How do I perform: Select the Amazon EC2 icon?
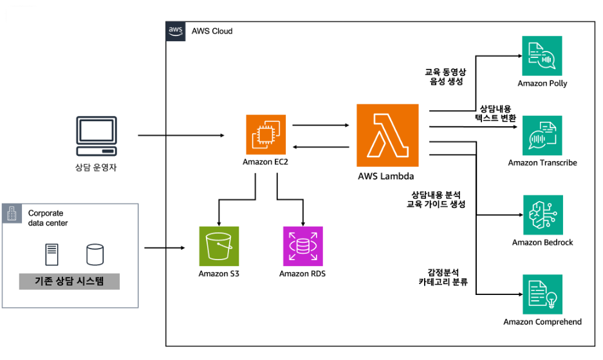[x=265, y=134]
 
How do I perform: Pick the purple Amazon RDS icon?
[x=302, y=246]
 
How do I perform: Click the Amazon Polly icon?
[x=542, y=57]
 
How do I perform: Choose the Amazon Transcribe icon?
[x=542, y=135]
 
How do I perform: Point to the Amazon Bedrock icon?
[x=542, y=214]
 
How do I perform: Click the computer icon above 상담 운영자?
[x=96, y=136]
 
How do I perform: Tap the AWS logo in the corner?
[x=176, y=31]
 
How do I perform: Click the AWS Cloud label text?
[x=212, y=31]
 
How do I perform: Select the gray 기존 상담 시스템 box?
[x=69, y=281]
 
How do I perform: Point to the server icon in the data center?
[x=51, y=254]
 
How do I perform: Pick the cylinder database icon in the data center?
[x=95, y=254]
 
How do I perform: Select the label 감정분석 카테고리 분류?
[x=442, y=277]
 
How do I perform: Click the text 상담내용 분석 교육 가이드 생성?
[x=436, y=199]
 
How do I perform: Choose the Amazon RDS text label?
[x=302, y=274]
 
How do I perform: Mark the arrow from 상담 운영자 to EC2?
[x=180, y=136]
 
